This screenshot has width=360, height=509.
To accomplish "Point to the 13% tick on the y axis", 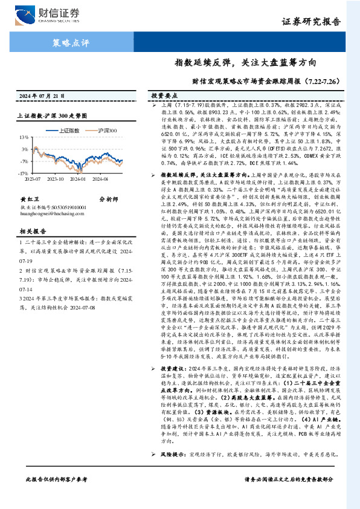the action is (x=38, y=138).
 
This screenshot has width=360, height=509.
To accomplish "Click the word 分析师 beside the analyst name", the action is (x=108, y=198).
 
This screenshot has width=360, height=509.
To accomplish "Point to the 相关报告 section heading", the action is (x=31, y=231).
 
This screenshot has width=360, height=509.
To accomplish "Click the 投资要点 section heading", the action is (x=163, y=96).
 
